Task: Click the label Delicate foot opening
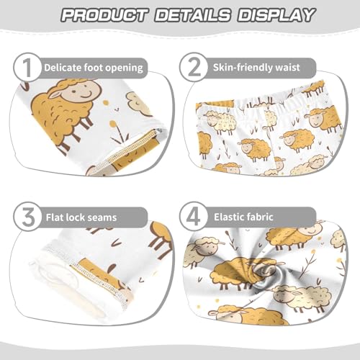[94, 68]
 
